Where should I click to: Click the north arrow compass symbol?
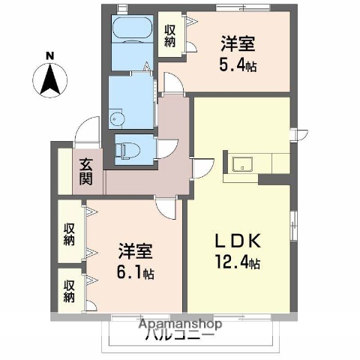(49, 80)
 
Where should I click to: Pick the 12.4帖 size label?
(239, 263)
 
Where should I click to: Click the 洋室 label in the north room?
(237, 42)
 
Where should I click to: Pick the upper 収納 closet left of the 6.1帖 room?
(70, 232)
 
